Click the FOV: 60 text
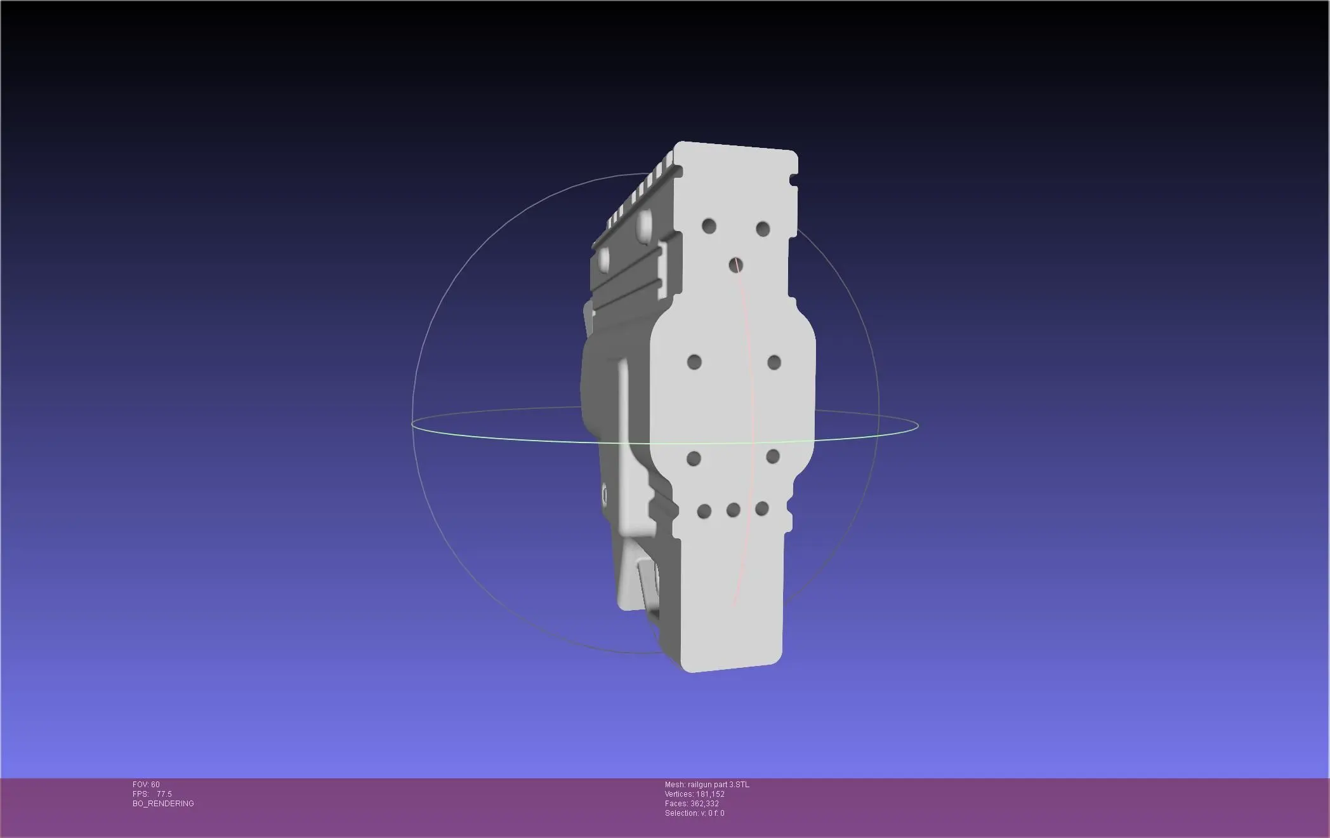pyautogui.click(x=146, y=785)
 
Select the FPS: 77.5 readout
pyautogui.click(x=152, y=794)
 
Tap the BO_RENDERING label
pyautogui.click(x=163, y=804)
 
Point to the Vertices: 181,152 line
pyautogui.click(x=695, y=794)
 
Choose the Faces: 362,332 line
pyautogui.click(x=692, y=804)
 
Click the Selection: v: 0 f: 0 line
pyautogui.click(x=695, y=813)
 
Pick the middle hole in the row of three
pyautogui.click(x=734, y=510)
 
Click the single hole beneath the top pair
pyautogui.click(x=736, y=265)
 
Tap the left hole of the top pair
pyautogui.click(x=709, y=226)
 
